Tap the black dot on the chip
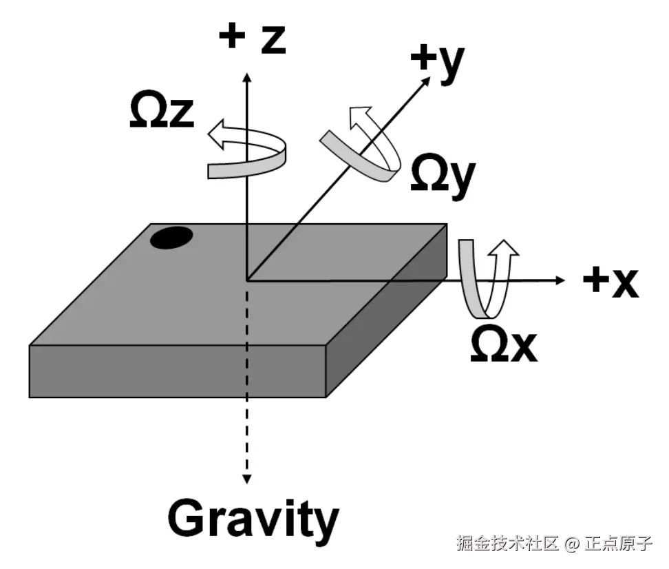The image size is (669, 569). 171,237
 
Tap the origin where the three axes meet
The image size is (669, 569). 246,280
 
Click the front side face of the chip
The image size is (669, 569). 176,371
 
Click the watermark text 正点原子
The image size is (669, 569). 618,544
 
